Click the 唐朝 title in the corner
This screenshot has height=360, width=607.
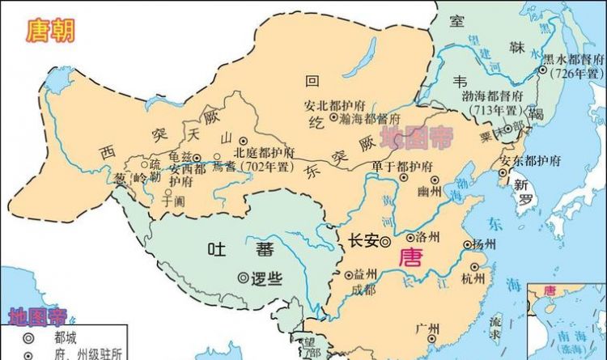tap(49, 32)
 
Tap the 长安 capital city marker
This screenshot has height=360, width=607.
tap(386, 240)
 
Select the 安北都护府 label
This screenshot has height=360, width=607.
tap(330, 105)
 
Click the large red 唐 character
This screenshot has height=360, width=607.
tap(412, 258)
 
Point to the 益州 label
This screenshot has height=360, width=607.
tap(365, 275)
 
